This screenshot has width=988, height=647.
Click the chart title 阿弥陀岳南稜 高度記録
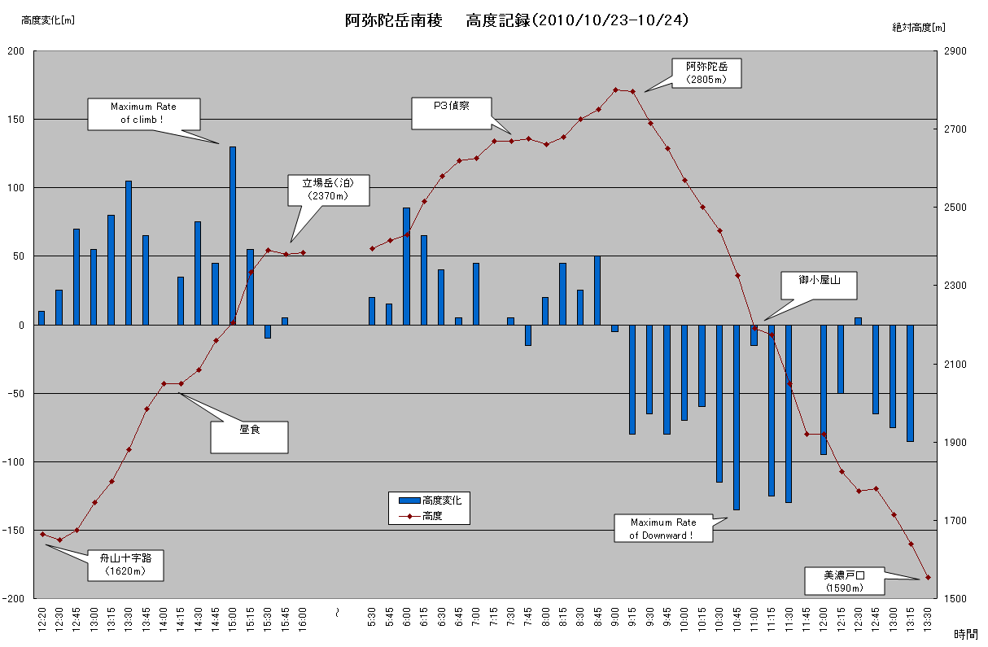[517, 20]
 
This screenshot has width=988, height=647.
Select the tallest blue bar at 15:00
[233, 236]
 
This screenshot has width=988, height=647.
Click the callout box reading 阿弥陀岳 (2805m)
[706, 72]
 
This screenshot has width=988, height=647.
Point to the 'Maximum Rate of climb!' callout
[143, 113]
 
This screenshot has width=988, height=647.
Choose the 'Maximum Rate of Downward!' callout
[663, 528]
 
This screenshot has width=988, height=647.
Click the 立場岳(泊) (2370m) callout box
[329, 190]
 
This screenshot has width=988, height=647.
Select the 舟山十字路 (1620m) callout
[125, 564]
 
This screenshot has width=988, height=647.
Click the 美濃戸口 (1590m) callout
[843, 581]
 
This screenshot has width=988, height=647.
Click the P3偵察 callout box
[451, 113]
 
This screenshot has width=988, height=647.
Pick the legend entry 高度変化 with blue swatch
[429, 501]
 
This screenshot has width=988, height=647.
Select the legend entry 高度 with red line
[429, 515]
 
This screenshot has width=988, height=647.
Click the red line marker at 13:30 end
[928, 578]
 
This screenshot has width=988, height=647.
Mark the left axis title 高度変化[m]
[47, 20]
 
